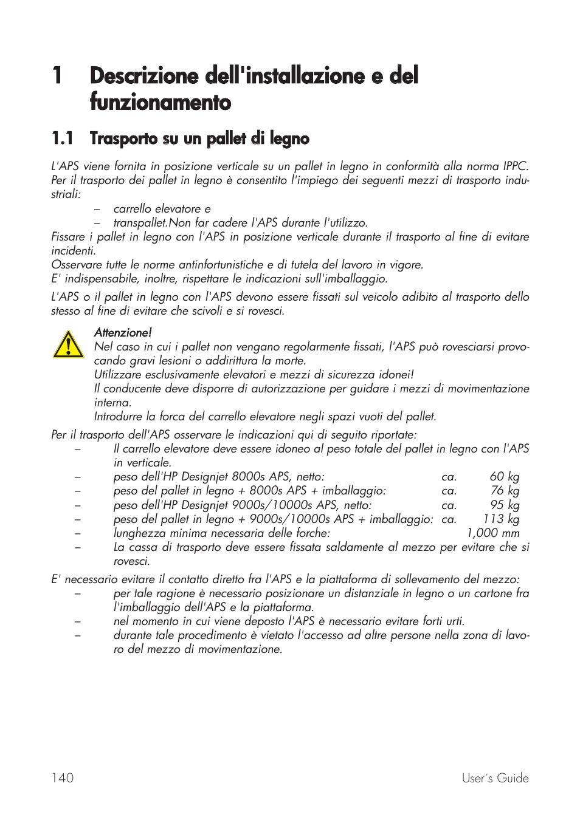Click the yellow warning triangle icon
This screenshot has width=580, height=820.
[68, 344]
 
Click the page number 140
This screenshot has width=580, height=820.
[63, 778]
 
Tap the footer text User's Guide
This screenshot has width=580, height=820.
[495, 778]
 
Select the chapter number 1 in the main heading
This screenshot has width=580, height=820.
[57, 76]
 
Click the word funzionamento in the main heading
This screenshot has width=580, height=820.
[161, 102]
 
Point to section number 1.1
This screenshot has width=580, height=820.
[63, 138]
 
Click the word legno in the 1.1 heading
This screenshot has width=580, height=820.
[289, 139]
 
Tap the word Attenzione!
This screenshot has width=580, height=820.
[123, 332]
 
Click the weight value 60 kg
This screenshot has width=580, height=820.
[504, 477]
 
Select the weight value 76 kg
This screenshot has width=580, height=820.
[505, 491]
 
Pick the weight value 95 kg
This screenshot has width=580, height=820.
[505, 505]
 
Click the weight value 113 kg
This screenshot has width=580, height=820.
[501, 519]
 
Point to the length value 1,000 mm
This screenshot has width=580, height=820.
[492, 533]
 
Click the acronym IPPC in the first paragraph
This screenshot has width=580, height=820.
[514, 166]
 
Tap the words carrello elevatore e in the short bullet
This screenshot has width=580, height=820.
[162, 209]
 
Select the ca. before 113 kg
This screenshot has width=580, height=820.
[449, 519]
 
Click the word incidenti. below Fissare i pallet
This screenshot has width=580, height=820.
[73, 251]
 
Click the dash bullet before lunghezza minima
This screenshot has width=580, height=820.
[77, 533]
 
